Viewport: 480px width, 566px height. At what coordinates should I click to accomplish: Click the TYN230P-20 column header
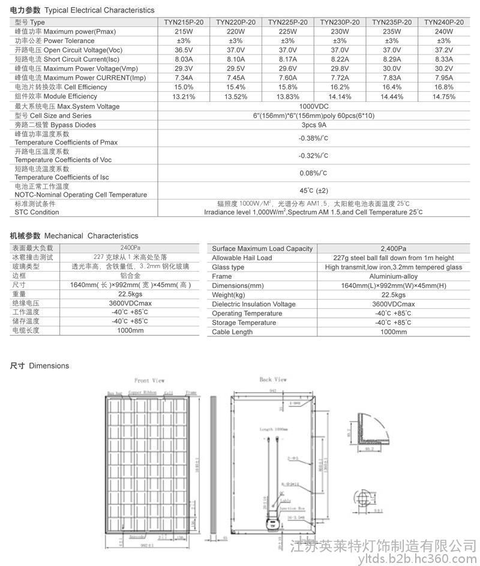340,22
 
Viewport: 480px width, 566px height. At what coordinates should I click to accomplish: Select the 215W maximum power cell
184,31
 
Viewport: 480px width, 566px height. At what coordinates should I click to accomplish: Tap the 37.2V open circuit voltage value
443,50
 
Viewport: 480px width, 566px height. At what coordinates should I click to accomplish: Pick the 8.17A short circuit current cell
287,59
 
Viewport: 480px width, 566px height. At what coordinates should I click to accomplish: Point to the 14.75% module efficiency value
443,97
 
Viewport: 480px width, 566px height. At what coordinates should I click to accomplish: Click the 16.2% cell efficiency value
340,87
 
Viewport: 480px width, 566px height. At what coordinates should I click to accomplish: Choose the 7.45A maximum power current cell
235,78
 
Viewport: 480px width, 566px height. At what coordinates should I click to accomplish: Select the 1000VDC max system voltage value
313,106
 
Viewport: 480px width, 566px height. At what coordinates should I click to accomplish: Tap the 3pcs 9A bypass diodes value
313,125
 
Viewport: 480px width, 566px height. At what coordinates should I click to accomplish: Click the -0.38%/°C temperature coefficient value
313,139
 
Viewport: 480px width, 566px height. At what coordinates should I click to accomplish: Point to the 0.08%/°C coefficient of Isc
313,173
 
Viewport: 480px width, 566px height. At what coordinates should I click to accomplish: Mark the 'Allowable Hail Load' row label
242,258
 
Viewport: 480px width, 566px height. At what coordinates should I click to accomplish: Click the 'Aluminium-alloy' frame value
394,276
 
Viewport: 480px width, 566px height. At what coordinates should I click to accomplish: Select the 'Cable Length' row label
232,332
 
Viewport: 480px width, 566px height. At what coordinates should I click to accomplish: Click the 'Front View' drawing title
149,381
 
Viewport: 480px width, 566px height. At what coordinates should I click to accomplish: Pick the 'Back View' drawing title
273,380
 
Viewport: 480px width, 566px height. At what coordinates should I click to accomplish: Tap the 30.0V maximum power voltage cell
392,68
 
